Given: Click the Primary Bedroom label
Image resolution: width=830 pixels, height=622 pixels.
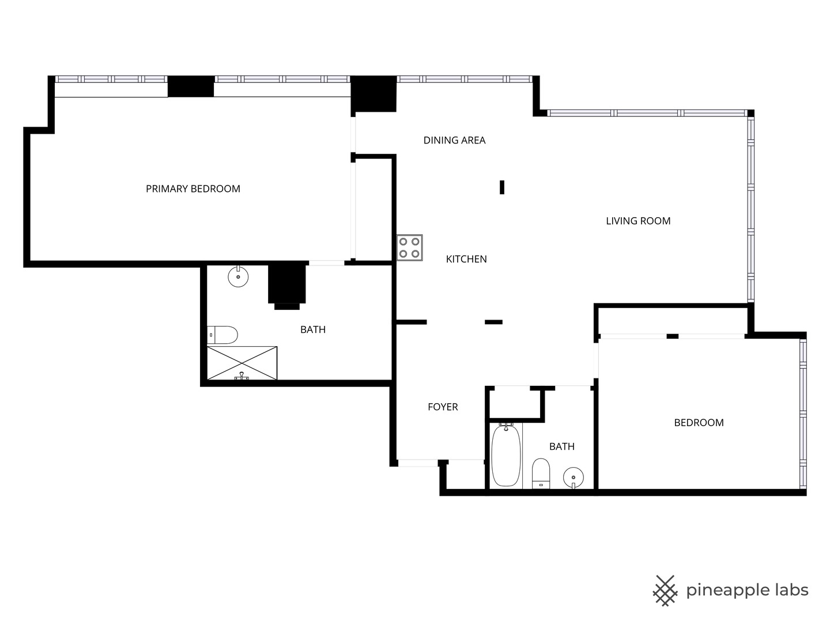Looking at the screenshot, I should coord(193,189).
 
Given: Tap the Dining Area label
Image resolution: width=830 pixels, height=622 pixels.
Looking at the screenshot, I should coord(454,141).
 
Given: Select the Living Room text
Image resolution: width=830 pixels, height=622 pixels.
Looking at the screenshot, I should coord(638,221).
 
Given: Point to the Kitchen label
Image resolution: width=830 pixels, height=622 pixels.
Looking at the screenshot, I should coord(466,259).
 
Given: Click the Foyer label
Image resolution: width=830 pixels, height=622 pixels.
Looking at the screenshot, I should coord(443,407).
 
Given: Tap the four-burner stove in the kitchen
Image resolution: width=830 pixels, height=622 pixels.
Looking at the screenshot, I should coord(409,248).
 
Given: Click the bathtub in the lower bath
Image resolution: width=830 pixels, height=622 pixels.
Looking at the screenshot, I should coord(506,455).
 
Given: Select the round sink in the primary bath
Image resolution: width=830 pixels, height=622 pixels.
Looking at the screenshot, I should coord(238,277).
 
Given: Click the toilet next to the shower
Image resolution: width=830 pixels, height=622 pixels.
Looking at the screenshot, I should coord(223,335).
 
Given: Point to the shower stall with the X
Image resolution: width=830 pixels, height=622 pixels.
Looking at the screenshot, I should coord(242,363).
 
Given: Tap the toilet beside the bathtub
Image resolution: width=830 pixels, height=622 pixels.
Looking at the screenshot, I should coord(541,473).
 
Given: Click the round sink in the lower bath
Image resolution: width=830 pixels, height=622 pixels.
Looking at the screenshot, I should coord(574,477).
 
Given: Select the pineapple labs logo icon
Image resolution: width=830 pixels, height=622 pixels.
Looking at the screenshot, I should coord(665,590).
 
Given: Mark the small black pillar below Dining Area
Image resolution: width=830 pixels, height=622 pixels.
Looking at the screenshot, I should coord(502,187).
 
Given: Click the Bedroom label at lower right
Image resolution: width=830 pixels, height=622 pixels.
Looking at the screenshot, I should coord(699,423).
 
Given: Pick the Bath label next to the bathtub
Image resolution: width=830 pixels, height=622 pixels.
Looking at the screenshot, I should coord(561,446).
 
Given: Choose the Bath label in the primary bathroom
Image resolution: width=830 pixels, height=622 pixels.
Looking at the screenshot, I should coord(313,330).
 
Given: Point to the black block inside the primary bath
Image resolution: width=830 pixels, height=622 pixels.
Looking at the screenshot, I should coord(286,284).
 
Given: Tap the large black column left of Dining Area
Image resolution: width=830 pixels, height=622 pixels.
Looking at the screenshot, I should coord(373,94).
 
